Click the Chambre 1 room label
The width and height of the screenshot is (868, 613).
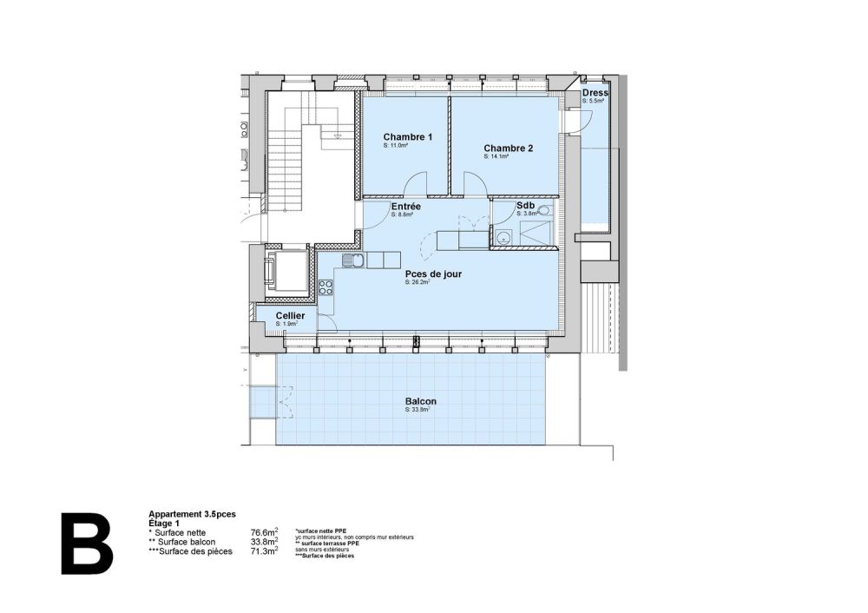click(407, 137)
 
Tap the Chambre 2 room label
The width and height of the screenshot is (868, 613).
click(508, 148)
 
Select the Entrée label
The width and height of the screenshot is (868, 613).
click(405, 207)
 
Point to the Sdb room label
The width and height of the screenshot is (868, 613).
click(524, 206)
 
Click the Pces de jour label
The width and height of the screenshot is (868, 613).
click(432, 274)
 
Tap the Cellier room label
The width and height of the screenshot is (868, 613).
click(289, 316)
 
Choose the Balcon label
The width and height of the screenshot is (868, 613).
click(420, 401)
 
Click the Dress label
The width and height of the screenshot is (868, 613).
click(595, 93)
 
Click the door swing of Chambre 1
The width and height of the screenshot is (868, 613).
click(416, 184)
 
